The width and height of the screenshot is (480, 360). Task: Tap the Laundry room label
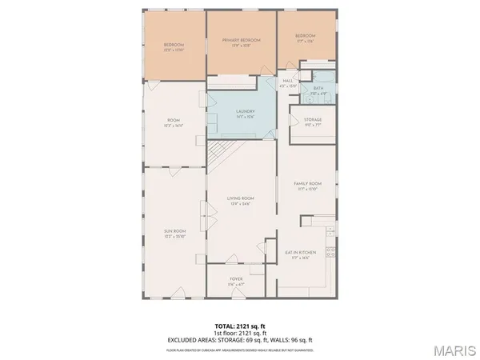246,112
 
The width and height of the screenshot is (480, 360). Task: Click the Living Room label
240,199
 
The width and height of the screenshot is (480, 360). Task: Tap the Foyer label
237,279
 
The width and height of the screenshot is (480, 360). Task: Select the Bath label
318,89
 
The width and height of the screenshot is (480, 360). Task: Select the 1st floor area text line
240,334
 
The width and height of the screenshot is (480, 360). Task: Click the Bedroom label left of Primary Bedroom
174,45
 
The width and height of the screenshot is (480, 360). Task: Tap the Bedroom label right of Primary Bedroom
306,36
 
